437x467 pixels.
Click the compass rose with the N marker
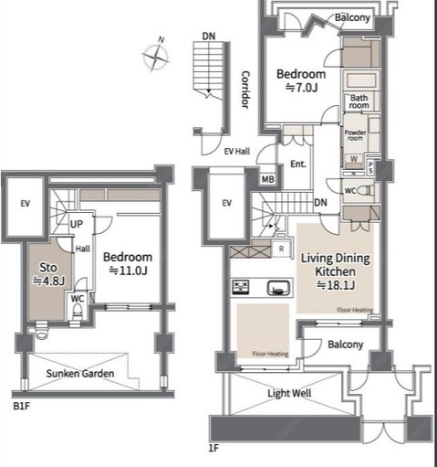point(156,57)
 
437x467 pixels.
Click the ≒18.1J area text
point(334,285)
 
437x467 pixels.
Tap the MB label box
point(268,179)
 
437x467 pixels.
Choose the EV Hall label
point(237,153)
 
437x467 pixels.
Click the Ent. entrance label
point(297,165)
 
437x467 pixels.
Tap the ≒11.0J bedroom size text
point(127,271)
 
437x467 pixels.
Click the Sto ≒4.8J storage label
point(46,274)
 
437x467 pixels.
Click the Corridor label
point(245,90)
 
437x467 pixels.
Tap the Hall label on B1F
point(82,248)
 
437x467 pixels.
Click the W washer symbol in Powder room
point(353,156)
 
